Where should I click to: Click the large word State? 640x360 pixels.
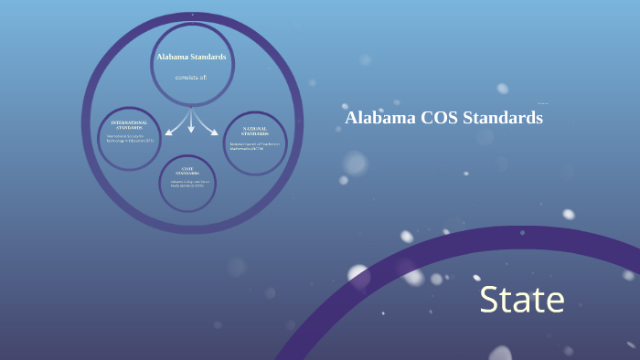point(522,301)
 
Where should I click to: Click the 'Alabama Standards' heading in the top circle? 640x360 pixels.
point(191,57)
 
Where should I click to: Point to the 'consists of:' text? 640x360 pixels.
point(191,77)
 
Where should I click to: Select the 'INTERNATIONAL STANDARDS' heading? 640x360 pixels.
point(129,124)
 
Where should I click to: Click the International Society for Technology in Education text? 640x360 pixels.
point(131,139)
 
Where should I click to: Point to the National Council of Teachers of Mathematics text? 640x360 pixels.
point(254,146)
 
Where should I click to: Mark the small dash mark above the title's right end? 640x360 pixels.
point(543,103)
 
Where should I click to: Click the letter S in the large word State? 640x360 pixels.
point(491,301)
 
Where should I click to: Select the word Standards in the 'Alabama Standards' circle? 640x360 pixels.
point(208,57)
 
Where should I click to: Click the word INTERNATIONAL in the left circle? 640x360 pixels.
point(129,122)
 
